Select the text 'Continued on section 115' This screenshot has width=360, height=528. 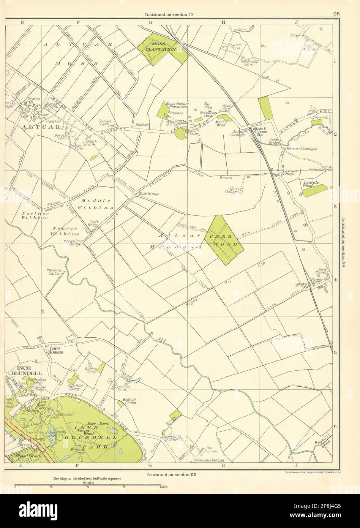170,474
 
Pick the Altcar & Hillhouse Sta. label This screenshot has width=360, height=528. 261,131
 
